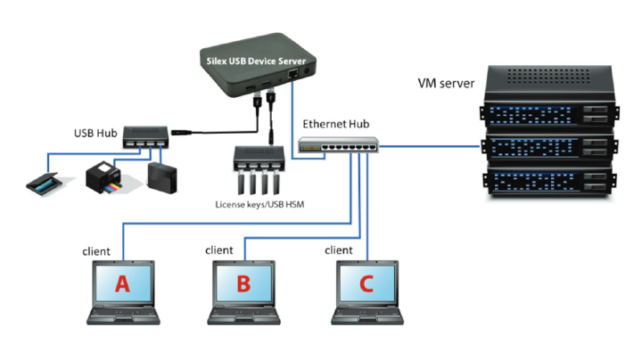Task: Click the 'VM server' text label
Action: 446,84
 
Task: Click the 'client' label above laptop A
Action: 98,251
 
